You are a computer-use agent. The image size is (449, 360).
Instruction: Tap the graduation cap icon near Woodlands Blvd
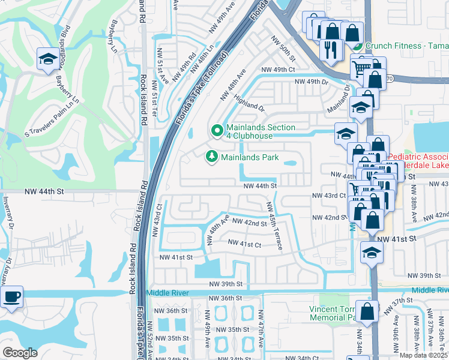tap(47, 58)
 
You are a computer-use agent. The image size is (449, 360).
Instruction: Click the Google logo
tap(20, 352)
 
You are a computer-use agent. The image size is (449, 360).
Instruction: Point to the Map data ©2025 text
tap(423, 355)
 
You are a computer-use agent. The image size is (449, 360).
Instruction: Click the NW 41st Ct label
tap(245, 244)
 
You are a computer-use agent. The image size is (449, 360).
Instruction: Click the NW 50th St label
tap(283, 49)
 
